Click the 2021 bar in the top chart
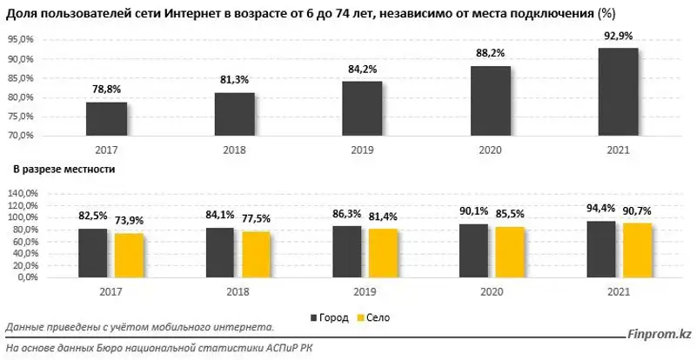click(619, 91)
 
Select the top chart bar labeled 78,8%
click(106, 119)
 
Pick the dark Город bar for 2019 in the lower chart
click(348, 251)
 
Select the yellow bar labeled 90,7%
click(638, 250)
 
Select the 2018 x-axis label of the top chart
click(235, 150)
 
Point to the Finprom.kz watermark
click(659, 333)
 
